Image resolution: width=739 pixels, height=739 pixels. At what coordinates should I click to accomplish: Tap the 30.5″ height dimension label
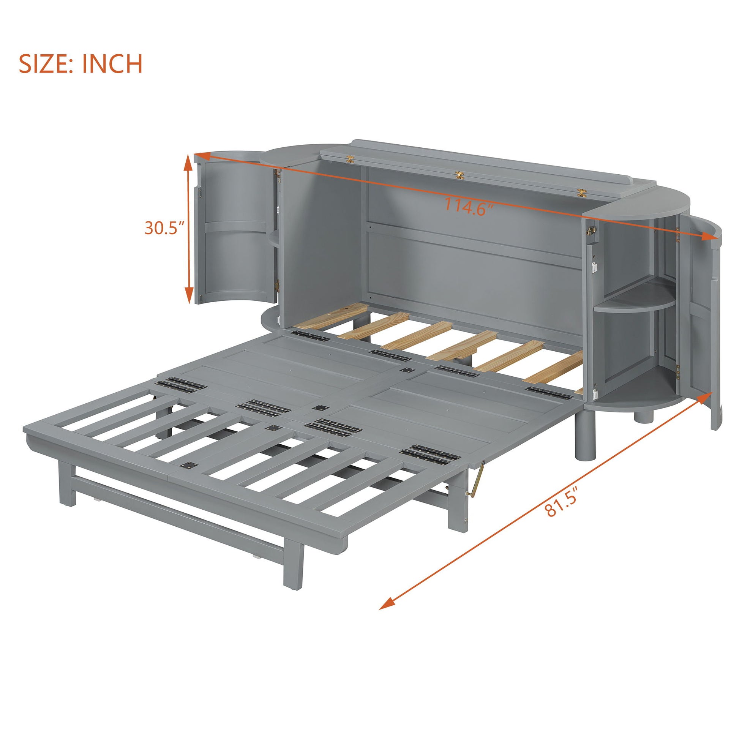(x=164, y=228)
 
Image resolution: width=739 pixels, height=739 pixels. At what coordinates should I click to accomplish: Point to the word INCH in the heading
(x=112, y=64)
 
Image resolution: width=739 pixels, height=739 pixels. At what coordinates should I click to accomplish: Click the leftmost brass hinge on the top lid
(x=350, y=159)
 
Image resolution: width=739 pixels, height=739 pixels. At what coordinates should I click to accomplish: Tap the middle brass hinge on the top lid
(x=460, y=175)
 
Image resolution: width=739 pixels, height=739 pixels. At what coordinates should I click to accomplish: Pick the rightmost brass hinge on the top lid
(x=581, y=193)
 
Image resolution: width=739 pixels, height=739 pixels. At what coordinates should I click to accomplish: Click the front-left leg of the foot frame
(x=67, y=484)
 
